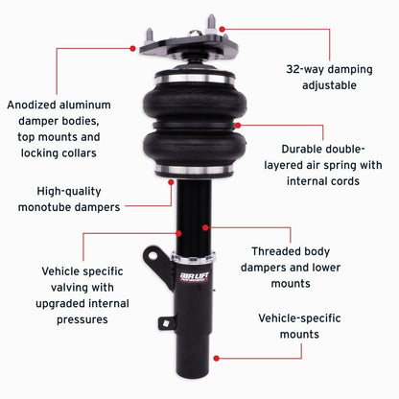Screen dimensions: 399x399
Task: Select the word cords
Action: click(340, 181)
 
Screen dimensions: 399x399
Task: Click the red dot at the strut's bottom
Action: click(215, 358)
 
